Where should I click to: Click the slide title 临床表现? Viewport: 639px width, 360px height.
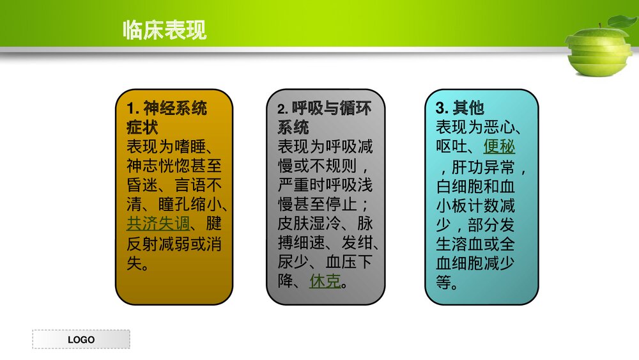164,30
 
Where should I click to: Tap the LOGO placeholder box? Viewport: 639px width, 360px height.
81,340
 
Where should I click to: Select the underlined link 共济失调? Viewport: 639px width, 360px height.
158,224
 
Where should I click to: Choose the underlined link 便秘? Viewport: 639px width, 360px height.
499,146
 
